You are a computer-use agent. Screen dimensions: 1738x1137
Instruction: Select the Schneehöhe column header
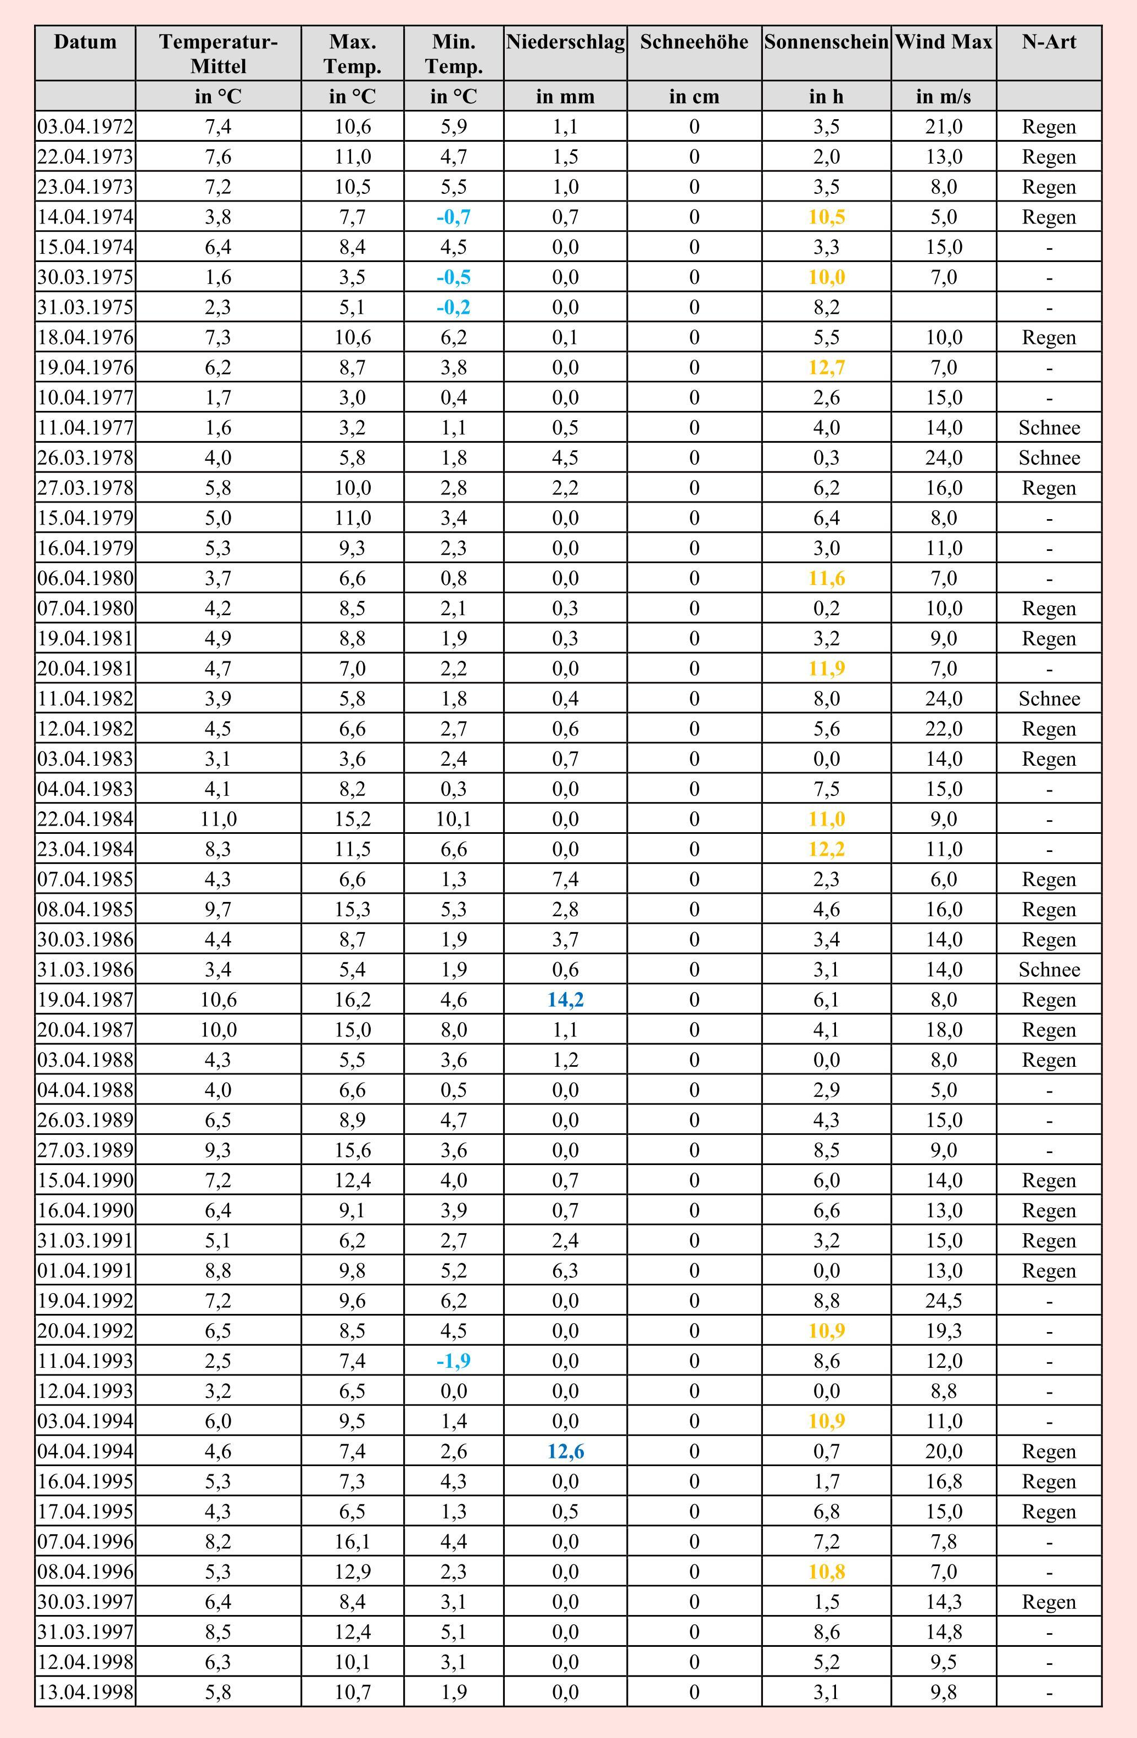pyautogui.click(x=694, y=42)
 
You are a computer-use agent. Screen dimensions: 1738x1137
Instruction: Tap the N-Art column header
pyautogui.click(x=1049, y=42)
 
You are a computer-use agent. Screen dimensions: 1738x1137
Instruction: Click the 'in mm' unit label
pyautogui.click(x=565, y=96)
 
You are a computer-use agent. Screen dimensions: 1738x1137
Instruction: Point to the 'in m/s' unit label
pyautogui.click(x=944, y=96)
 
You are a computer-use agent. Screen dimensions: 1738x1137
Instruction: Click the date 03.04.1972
pyautogui.click(x=86, y=127)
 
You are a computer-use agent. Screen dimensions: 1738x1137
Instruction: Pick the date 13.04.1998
pyautogui.click(x=86, y=1692)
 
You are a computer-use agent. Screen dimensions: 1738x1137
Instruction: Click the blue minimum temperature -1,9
pyautogui.click(x=454, y=1361)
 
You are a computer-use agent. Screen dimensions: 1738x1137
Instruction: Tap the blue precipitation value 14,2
pyautogui.click(x=565, y=1000)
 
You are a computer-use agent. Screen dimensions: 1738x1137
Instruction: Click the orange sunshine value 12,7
pyautogui.click(x=827, y=367)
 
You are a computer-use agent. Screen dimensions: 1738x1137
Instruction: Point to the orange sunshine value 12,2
pyautogui.click(x=827, y=849)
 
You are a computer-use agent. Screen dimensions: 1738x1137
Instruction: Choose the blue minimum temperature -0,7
pyautogui.click(x=454, y=217)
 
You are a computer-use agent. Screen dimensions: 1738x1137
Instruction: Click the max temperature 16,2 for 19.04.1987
pyautogui.click(x=353, y=1000)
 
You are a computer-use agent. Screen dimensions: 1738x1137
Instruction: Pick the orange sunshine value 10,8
pyautogui.click(x=827, y=1572)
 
